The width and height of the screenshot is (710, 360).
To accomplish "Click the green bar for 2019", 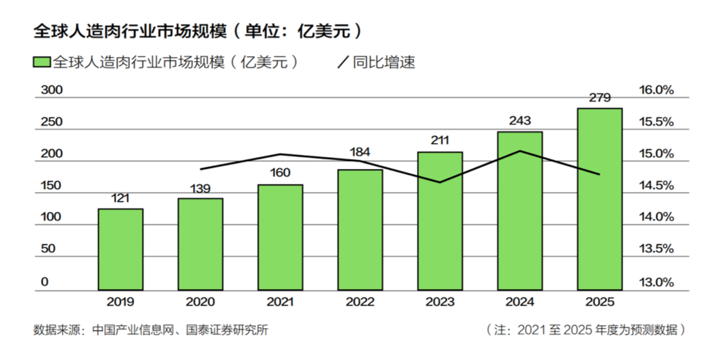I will tap(120, 249).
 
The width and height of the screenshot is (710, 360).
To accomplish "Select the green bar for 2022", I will tap(360, 229).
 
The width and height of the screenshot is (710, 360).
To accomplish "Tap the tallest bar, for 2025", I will tap(600, 199).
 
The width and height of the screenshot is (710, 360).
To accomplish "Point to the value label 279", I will tap(600, 97).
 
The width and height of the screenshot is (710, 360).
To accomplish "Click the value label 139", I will tap(200, 188).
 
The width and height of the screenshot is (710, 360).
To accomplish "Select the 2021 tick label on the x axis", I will tap(280, 302).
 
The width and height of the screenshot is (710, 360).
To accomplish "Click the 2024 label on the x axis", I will tap(520, 302).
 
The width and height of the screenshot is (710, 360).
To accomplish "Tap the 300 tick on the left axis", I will tap(52, 90).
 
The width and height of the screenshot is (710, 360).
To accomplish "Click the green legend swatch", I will tap(41, 62).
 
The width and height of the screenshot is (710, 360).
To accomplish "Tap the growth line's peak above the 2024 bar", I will tap(520, 151).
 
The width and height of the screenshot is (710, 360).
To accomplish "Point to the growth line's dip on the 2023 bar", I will tap(440, 182).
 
